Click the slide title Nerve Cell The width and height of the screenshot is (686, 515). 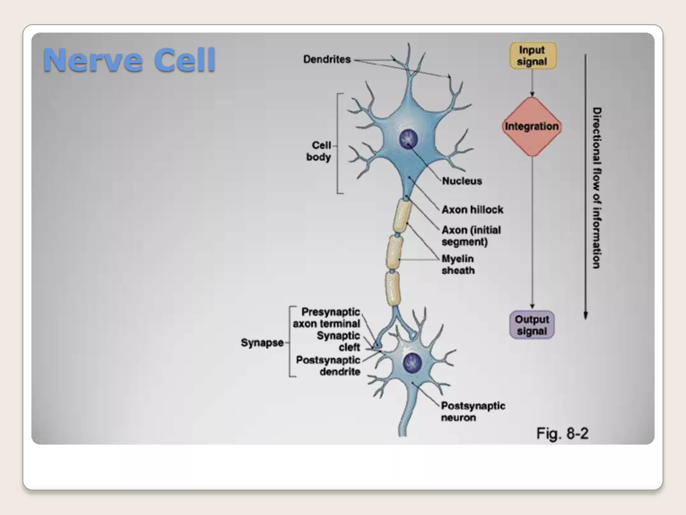tap(129, 60)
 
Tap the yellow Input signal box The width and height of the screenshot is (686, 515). tap(532, 56)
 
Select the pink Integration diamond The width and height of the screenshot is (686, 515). tap(532, 126)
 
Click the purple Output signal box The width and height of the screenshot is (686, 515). tap(532, 325)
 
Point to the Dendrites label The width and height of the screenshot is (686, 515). tap(327, 59)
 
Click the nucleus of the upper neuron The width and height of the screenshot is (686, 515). tap(408, 139)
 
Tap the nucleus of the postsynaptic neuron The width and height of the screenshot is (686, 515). tap(412, 362)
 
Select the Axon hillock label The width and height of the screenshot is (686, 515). tap(472, 210)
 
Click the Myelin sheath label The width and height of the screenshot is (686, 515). tap(458, 265)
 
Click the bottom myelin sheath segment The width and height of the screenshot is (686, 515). tap(392, 288)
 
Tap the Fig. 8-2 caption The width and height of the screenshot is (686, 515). tap(562, 434)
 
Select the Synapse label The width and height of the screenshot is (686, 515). tap(262, 343)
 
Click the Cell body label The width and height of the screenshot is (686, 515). tap(319, 151)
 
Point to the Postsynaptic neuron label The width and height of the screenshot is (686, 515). tap(473, 412)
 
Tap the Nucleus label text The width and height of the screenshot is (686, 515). tap(462, 181)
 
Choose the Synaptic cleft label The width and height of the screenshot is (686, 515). tap(338, 341)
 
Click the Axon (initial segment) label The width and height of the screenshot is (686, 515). tap(471, 236)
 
